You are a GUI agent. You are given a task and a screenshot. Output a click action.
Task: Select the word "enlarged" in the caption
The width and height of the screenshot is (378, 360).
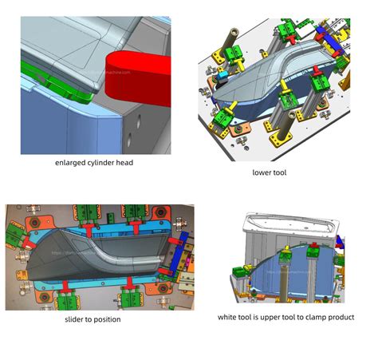click(71, 164)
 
